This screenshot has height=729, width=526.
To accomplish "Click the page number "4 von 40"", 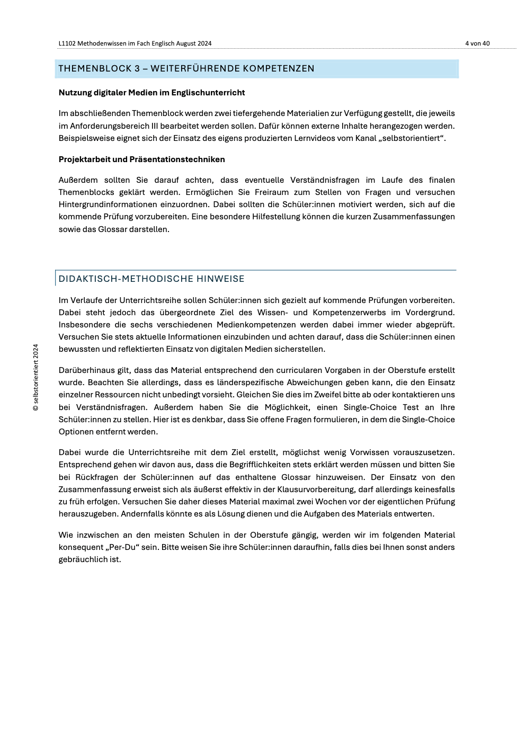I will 477,43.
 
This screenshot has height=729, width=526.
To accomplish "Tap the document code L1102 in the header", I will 67,43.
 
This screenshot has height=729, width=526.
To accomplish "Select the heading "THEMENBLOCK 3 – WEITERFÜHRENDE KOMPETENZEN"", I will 186,68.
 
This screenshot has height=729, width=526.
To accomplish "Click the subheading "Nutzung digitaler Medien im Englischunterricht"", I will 151,93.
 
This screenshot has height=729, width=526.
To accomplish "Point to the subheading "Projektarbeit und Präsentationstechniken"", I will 141,159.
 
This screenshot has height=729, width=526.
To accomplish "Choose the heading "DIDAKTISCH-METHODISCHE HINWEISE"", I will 151,279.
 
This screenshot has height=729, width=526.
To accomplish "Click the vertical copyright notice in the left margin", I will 36,377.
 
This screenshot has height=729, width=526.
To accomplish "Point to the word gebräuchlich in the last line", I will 83,559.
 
